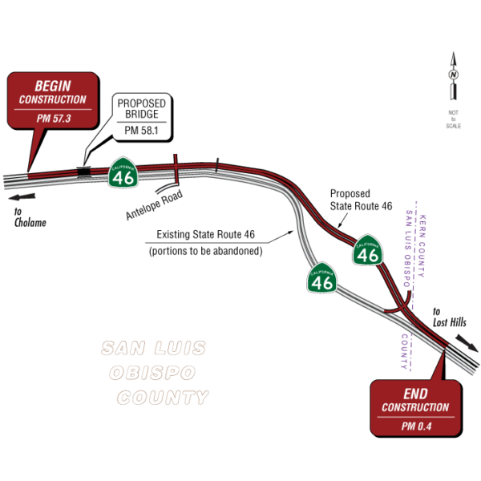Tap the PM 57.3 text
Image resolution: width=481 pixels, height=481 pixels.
tap(54, 117)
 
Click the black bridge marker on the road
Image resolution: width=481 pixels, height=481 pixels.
tap(83, 169)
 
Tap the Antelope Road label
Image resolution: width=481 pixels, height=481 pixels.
tap(154, 205)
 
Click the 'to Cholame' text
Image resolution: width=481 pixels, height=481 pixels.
tap(30, 217)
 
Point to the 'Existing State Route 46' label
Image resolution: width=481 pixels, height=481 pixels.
tap(204, 235)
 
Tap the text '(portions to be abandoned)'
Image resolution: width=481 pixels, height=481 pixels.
tap(205, 251)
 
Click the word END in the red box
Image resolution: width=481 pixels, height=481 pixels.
tap(414, 394)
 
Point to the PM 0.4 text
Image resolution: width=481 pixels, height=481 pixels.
tap(415, 426)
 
